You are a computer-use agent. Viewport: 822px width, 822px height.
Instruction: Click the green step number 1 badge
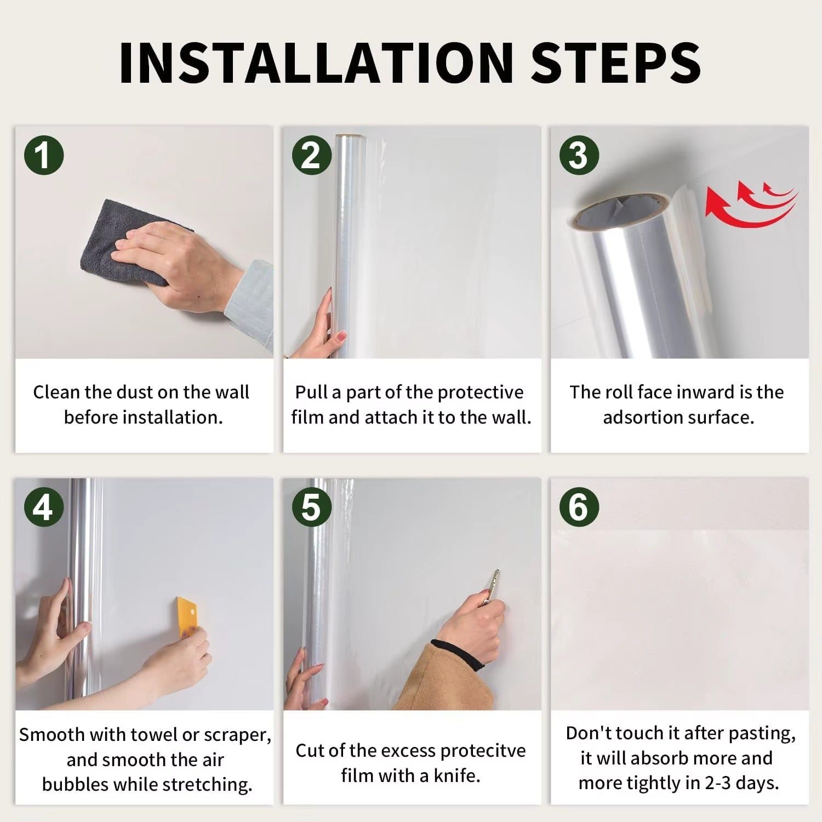click(44, 155)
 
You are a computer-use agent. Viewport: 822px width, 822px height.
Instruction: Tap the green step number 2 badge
click(311, 155)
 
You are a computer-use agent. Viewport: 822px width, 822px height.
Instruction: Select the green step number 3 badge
click(579, 155)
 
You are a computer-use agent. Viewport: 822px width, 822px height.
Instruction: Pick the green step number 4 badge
click(44, 507)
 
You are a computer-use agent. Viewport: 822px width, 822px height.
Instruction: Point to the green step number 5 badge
click(311, 507)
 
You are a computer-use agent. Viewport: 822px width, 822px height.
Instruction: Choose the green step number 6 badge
click(579, 507)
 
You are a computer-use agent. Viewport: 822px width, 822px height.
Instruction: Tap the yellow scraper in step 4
click(187, 617)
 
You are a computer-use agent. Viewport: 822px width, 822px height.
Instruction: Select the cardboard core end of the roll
click(619, 212)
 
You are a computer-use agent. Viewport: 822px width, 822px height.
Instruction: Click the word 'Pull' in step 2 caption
click(311, 392)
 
